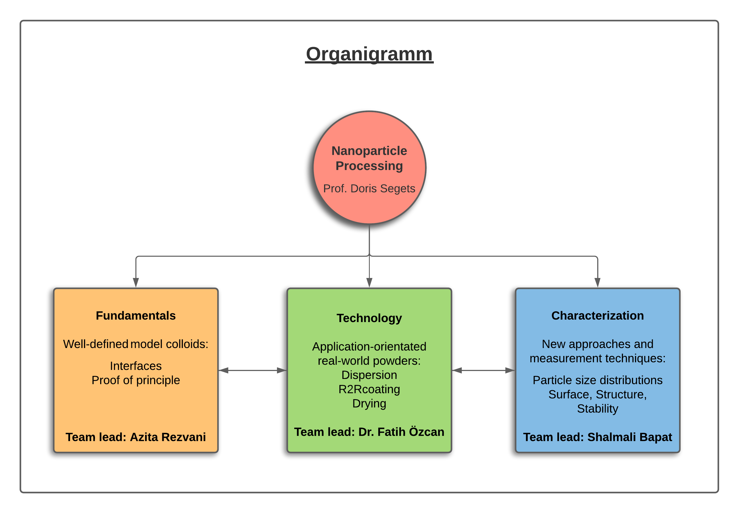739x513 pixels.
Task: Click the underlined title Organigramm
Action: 369,54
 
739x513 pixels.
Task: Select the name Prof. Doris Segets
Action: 369,188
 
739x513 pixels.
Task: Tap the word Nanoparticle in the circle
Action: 369,151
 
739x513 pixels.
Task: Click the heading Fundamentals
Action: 136,316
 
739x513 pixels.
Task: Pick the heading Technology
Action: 369,318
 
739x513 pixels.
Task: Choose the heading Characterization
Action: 597,316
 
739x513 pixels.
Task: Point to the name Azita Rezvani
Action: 168,437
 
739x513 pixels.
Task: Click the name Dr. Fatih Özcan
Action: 401,432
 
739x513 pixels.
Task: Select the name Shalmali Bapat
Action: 630,437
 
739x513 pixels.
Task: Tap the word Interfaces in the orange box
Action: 136,366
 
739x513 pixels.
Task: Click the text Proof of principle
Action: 136,380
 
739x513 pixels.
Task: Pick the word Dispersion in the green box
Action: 369,375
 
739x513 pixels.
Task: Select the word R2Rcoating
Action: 369,389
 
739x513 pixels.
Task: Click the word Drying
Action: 369,403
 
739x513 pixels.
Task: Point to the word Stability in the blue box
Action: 597,408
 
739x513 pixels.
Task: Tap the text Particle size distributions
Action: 597,380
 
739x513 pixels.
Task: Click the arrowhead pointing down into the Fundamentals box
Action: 136,283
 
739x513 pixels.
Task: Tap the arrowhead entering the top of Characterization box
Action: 597,283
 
